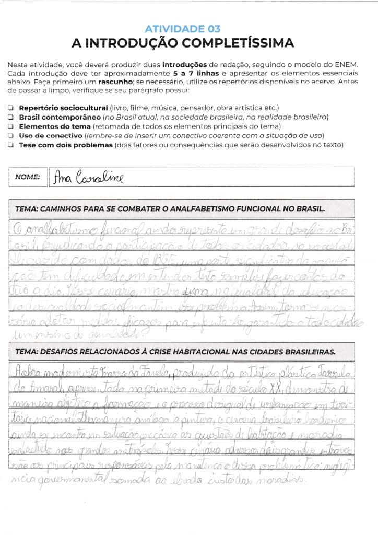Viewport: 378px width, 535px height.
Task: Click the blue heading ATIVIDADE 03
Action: point(182,29)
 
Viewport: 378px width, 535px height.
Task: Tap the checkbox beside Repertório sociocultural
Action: point(11,108)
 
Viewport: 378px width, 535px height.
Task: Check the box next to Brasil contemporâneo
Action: point(11,117)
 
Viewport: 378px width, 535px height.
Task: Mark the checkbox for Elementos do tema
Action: point(11,126)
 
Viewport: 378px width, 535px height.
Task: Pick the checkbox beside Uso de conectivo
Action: point(11,136)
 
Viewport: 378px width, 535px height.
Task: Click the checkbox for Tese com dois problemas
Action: point(11,145)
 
